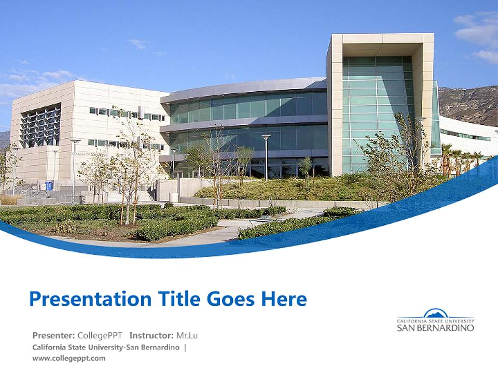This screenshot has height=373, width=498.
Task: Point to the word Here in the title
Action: (283, 299)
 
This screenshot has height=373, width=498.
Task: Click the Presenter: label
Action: (54, 335)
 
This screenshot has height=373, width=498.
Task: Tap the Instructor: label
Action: (151, 335)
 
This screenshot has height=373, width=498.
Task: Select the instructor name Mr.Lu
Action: (187, 335)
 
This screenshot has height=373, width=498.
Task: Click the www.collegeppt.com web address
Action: (68, 357)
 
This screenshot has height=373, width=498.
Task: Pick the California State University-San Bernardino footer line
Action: (106, 347)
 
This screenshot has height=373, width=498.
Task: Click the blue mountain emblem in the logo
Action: (435, 313)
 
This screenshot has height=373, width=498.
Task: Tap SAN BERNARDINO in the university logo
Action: (435, 327)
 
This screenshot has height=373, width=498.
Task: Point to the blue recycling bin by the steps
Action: (49, 185)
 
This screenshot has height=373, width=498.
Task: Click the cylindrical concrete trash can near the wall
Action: (174, 197)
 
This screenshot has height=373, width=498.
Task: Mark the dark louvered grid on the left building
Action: (40, 125)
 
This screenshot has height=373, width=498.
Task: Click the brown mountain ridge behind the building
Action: (469, 104)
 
